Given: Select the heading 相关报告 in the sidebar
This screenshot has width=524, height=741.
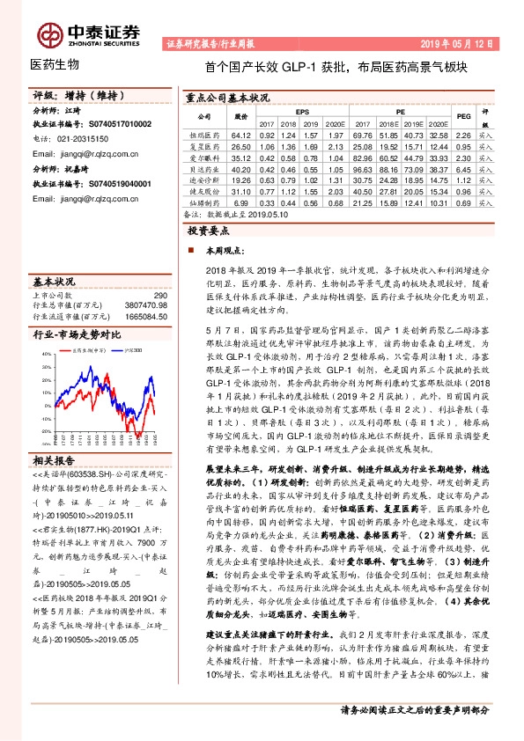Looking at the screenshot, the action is click(x=55, y=460).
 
